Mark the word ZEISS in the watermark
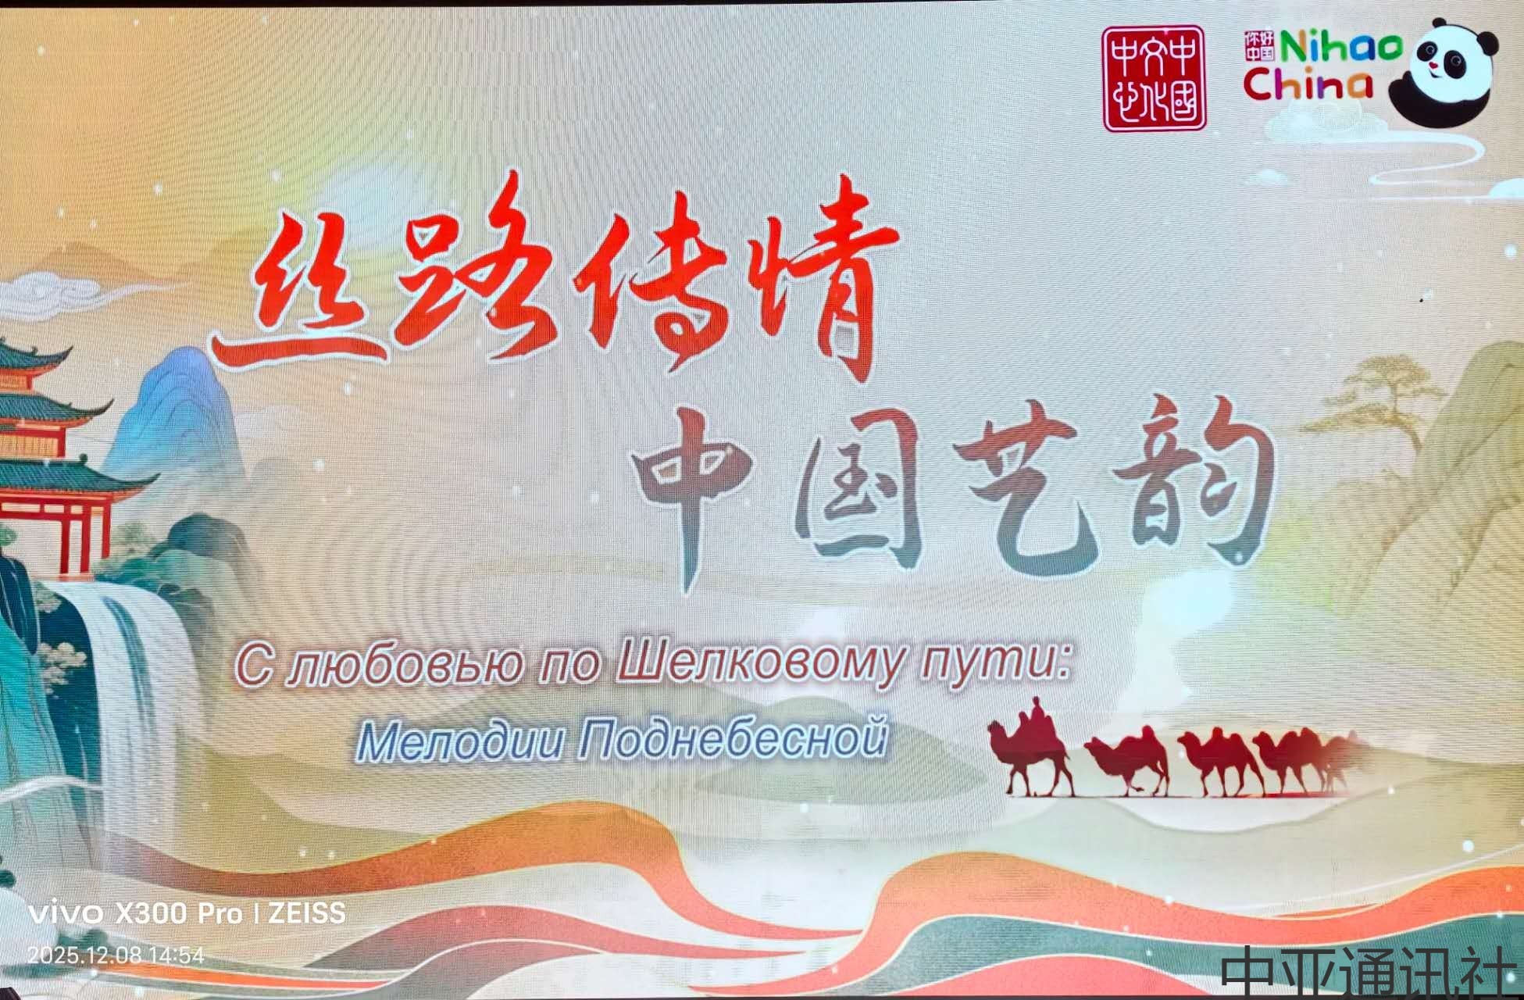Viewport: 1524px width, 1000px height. pyautogui.click(x=307, y=913)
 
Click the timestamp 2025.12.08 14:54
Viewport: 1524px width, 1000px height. pyautogui.click(x=116, y=955)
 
